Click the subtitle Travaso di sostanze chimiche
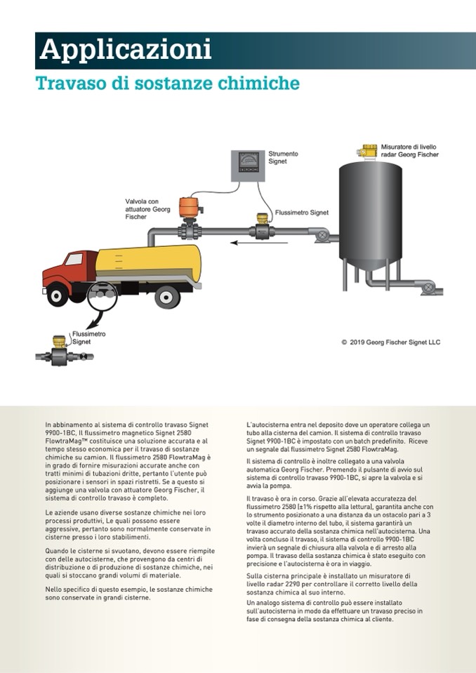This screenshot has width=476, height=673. pos(168,84)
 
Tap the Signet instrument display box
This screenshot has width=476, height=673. pos(248,167)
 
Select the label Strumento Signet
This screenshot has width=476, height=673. pos(283,157)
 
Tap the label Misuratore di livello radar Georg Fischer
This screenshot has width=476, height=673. pos(409,150)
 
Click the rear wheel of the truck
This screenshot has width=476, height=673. pos(166,298)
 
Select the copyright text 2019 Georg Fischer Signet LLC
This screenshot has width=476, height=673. pos(390,342)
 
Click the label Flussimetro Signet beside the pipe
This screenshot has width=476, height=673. pos(302,212)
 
